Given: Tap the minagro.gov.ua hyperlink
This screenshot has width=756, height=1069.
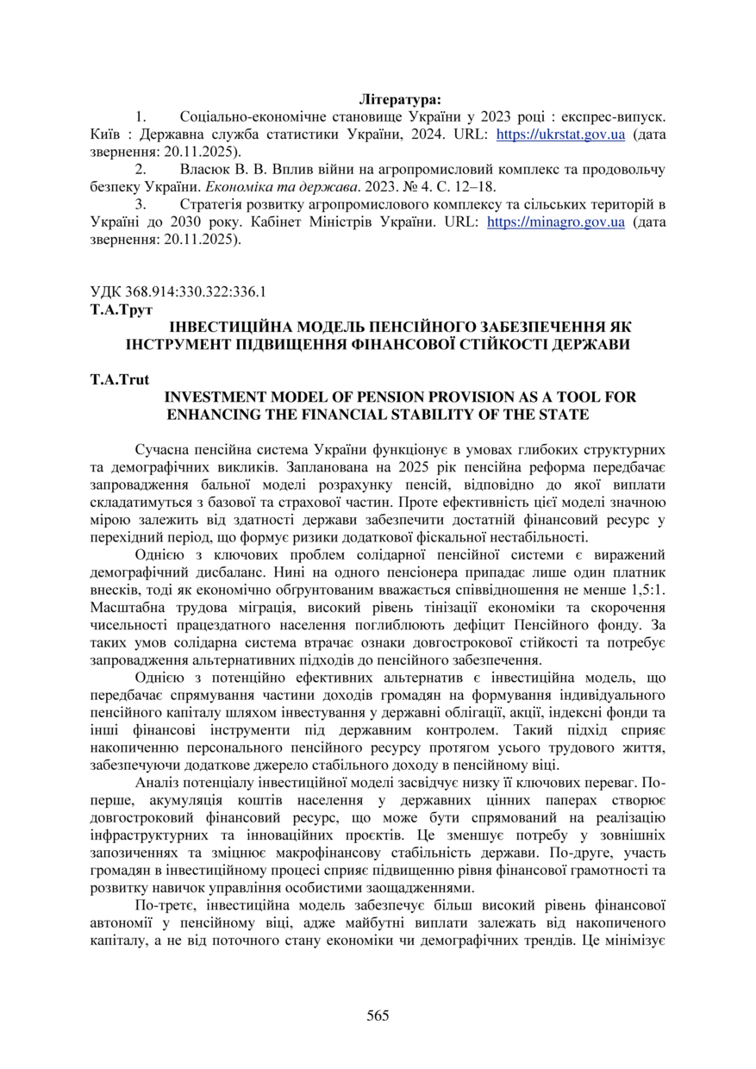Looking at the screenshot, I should pos(556,222).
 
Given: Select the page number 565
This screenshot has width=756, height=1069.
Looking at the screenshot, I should pos(378,1015).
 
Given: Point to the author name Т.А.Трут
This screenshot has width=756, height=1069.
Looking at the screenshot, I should pos(121,308).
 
